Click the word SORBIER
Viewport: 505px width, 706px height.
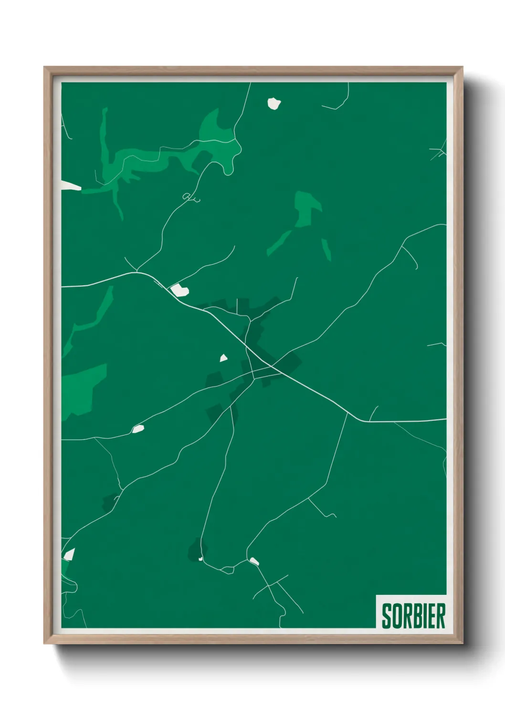[x=413, y=616]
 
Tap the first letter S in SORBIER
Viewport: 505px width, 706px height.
[x=386, y=616]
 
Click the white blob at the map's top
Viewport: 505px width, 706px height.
[x=274, y=103]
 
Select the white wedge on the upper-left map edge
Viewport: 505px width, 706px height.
[x=70, y=186]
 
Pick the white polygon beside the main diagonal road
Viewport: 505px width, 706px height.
[x=180, y=289]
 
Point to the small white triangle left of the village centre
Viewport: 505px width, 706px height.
[x=223, y=358]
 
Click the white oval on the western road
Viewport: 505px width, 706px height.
[x=138, y=429]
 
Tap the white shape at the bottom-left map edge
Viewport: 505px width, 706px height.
[x=69, y=554]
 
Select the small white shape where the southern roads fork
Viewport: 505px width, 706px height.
[x=254, y=561]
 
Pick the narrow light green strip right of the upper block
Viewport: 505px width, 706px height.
[x=326, y=249]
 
